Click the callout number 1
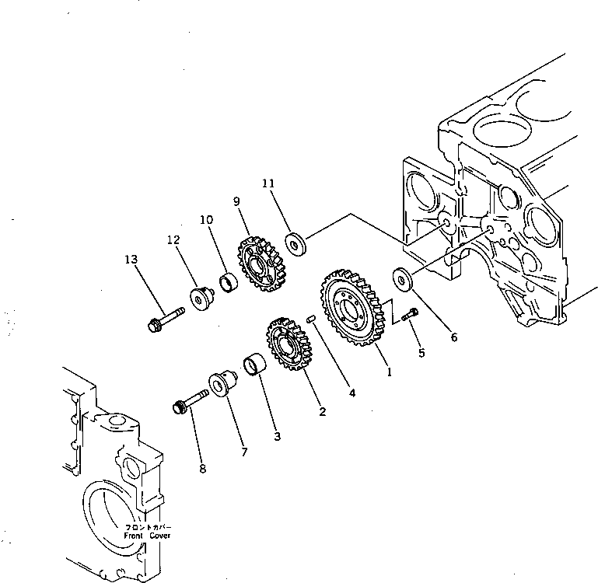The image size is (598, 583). click(x=390, y=372)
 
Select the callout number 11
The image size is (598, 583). click(x=268, y=184)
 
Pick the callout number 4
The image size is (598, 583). click(x=352, y=393)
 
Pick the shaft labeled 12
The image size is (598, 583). click(x=201, y=298)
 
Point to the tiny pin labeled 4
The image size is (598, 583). click(x=311, y=317)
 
